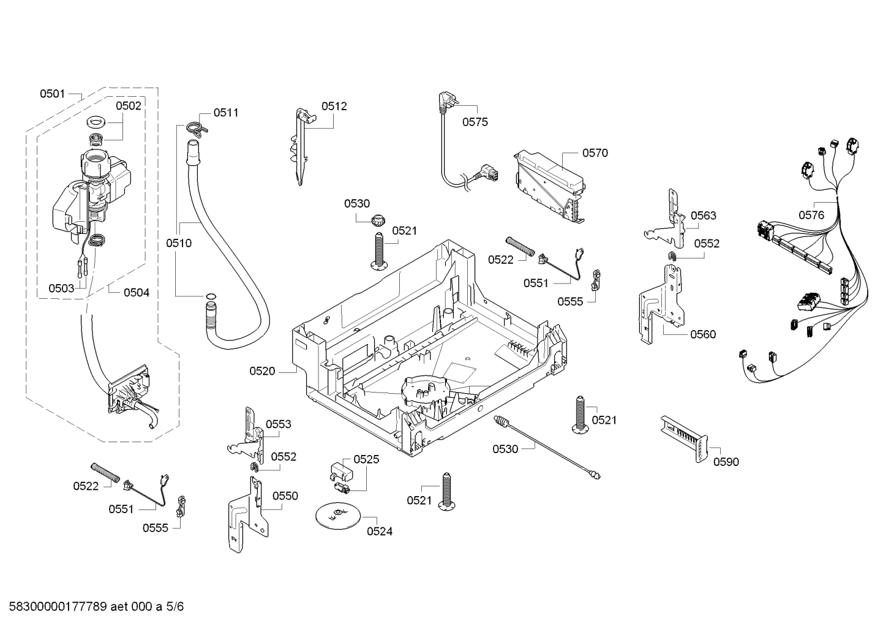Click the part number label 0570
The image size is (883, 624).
click(595, 153)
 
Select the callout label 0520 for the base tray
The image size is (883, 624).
click(262, 371)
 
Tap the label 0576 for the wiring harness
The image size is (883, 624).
click(811, 215)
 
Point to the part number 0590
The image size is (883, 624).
click(726, 462)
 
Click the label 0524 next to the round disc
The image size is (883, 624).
click(380, 532)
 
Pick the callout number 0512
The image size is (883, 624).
click(334, 106)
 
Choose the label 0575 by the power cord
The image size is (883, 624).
click(475, 122)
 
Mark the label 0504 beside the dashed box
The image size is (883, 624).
click(137, 293)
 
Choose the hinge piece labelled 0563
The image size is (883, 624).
click(669, 222)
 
